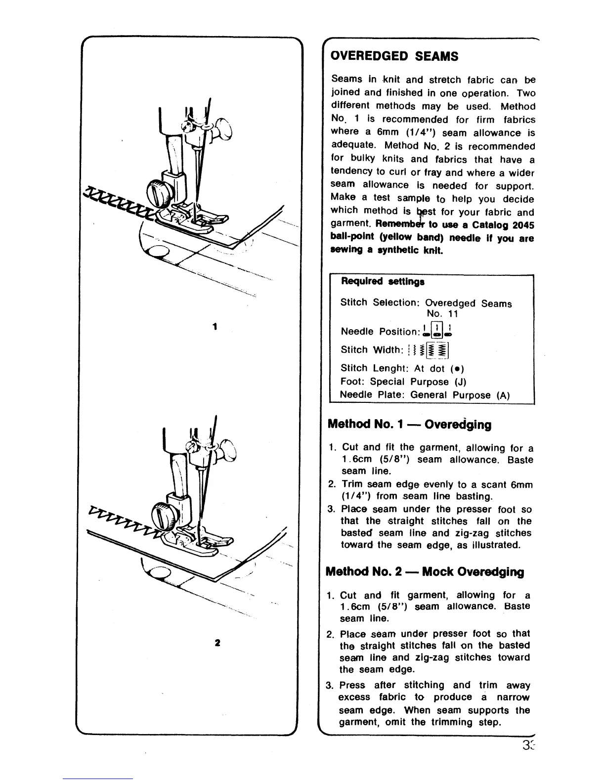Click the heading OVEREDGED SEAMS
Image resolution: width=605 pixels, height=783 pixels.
tap(394, 56)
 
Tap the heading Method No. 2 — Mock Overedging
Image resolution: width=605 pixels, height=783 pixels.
tap(425, 572)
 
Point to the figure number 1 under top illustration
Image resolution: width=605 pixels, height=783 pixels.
tap(214, 327)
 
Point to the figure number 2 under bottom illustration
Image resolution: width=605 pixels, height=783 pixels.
tap(217, 643)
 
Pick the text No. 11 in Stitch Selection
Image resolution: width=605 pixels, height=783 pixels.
tap(443, 314)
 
